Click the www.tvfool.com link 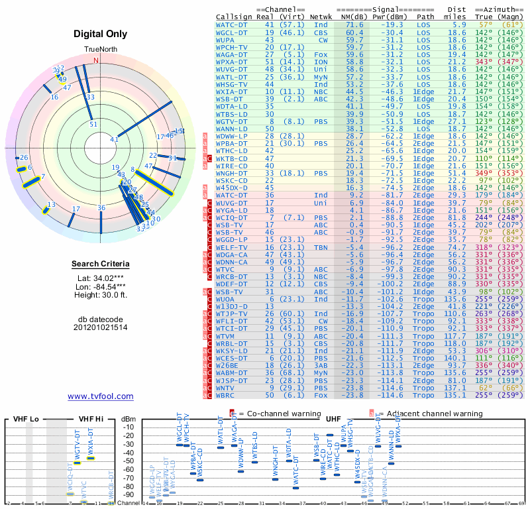[x=100, y=396]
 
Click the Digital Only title [x=101, y=33]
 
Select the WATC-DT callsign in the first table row [x=233, y=24]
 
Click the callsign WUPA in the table [x=227, y=40]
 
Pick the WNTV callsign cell [x=227, y=388]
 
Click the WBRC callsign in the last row [x=227, y=395]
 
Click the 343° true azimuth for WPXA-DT [x=486, y=61]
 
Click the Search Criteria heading [x=100, y=264]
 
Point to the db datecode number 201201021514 [x=100, y=327]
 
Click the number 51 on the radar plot [x=93, y=124]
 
